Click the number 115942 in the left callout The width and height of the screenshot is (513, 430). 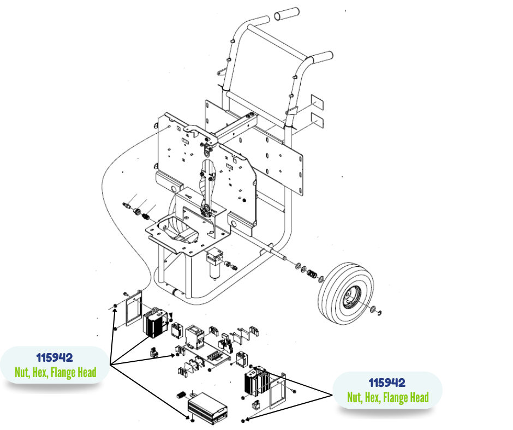pyautogui.click(x=55, y=358)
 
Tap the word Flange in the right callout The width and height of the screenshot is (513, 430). pyautogui.click(x=392, y=397)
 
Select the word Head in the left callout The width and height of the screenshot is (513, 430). pyautogui.click(x=84, y=373)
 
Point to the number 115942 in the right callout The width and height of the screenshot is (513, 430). pyautogui.click(x=387, y=383)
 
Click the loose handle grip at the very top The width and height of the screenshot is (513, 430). pyautogui.click(x=287, y=14)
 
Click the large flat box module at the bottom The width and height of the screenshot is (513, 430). pyautogui.click(x=207, y=407)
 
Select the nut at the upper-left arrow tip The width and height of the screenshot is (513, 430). pyautogui.click(x=116, y=305)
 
